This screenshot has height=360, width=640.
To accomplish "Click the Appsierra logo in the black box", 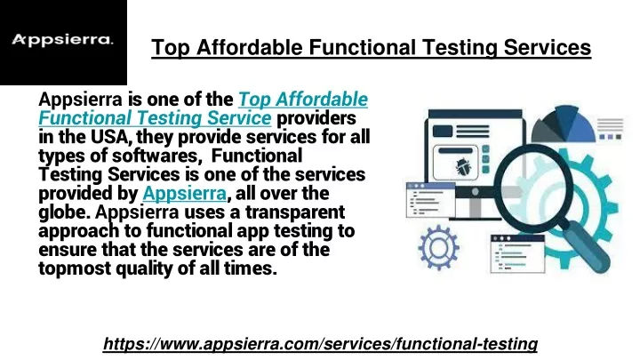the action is (x=62, y=40).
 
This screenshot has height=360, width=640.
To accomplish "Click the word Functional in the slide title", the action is (x=363, y=47).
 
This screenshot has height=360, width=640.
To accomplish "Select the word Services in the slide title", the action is (x=548, y=47).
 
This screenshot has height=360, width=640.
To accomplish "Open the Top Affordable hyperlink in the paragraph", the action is (x=303, y=100).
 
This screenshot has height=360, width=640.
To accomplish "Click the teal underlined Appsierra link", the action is (x=185, y=193).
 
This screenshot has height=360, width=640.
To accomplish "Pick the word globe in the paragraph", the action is (x=65, y=212).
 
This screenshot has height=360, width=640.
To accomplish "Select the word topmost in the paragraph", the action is (x=75, y=269).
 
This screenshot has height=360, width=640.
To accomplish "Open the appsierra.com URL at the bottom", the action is (x=320, y=344).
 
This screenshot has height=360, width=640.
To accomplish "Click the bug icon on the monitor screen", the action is (x=462, y=167).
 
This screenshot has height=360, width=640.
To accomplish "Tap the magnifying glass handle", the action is (x=585, y=246).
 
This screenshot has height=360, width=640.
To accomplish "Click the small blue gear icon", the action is (x=439, y=247).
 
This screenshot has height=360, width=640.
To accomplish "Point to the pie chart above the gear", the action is (x=564, y=124).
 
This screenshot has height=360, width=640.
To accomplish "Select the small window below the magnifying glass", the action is (x=517, y=254).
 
